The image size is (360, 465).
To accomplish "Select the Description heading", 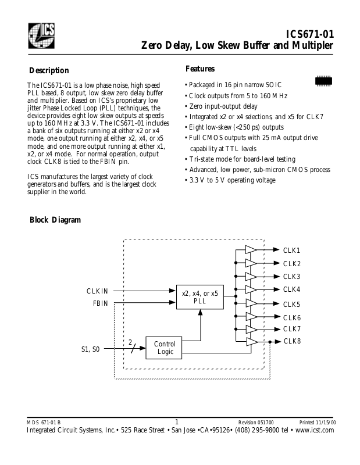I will pyautogui.click(x=49, y=70).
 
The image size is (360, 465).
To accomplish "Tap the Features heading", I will pyautogui.click(x=199, y=69).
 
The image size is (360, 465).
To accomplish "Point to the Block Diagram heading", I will pyautogui.click(x=55, y=220).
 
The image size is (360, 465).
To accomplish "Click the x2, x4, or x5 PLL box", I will pyautogui.click(x=199, y=297).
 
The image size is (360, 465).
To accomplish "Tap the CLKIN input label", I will pyautogui.click(x=97, y=291).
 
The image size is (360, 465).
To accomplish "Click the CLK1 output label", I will pyautogui.click(x=291, y=250).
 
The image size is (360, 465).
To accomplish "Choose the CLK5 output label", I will pyautogui.click(x=291, y=304).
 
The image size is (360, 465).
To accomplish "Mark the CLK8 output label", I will pyautogui.click(x=291, y=341).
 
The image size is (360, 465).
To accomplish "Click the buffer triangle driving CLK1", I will pyautogui.click(x=251, y=250).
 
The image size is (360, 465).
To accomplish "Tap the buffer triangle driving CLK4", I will pyautogui.click(x=251, y=289).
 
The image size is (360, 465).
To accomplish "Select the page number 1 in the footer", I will pyautogui.click(x=177, y=421).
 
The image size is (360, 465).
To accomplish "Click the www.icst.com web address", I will pyautogui.click(x=315, y=430).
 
